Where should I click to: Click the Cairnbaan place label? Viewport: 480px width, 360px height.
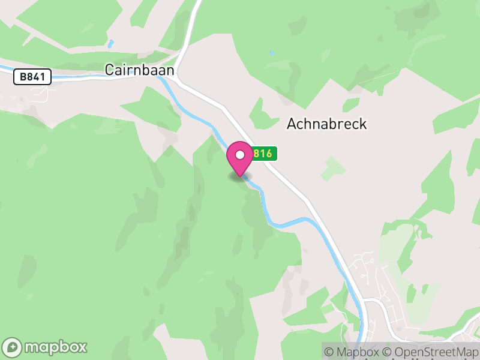click(x=140, y=70)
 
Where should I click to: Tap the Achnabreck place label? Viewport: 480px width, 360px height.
click(x=326, y=124)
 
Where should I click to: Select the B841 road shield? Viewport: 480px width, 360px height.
click(x=32, y=77)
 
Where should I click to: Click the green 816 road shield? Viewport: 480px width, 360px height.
click(x=263, y=154)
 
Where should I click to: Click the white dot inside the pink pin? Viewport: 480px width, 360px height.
click(x=240, y=154)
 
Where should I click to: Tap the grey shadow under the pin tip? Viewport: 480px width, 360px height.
click(x=239, y=176)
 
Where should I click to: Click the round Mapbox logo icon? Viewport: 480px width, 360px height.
click(x=13, y=347)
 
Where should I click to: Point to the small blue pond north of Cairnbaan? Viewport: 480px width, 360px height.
click(x=110, y=44)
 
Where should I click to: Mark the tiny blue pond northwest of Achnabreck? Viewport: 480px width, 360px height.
click(x=272, y=53)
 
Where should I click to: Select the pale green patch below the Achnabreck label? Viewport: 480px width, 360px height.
click(x=332, y=169)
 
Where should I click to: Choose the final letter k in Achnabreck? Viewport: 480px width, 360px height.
click(x=362, y=124)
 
